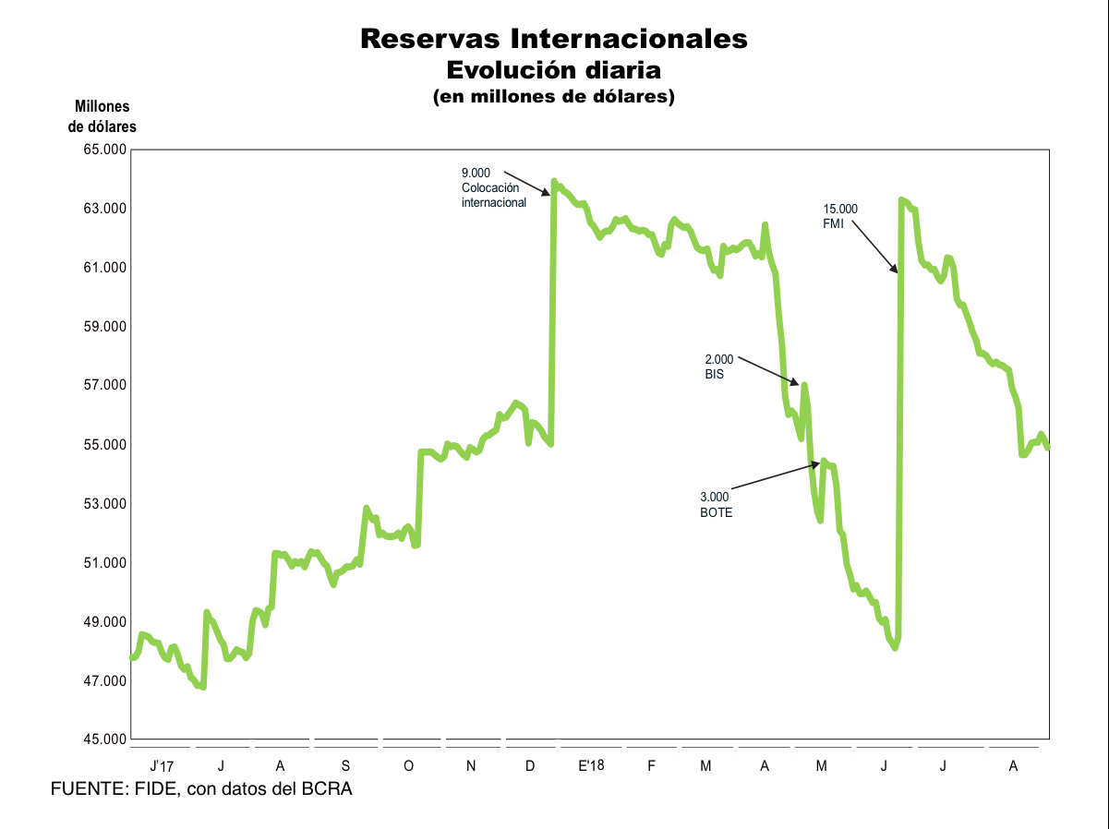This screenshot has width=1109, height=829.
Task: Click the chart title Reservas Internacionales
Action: point(554,39)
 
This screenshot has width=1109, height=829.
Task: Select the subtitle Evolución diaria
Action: point(554,69)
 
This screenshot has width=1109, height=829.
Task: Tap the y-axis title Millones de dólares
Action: point(102,117)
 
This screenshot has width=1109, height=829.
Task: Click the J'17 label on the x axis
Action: point(161,765)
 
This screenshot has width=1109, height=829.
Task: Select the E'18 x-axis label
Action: point(590,765)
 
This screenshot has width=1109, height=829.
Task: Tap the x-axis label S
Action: point(345,765)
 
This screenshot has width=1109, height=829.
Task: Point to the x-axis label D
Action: point(530,765)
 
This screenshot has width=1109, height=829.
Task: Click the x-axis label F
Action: point(652,765)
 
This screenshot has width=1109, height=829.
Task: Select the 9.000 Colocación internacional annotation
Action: point(493,187)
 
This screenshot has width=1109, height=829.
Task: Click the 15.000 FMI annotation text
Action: point(840,216)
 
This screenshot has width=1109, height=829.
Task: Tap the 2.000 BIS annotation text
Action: point(718,367)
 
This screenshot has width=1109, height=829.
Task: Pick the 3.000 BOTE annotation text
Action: point(716,504)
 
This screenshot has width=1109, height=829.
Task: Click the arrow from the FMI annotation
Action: point(873,246)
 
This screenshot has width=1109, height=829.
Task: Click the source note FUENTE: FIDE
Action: point(201,789)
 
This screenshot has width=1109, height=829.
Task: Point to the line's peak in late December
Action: point(554,181)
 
